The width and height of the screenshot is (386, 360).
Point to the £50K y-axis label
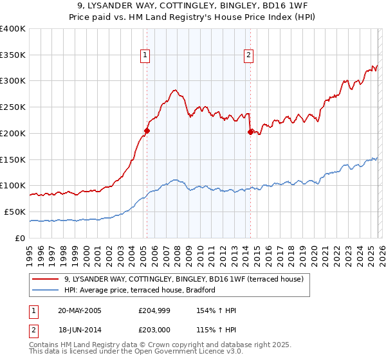pos(15,212)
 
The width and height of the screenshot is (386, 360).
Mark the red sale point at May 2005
pos(147,130)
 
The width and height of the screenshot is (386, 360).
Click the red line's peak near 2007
pos(174,91)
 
